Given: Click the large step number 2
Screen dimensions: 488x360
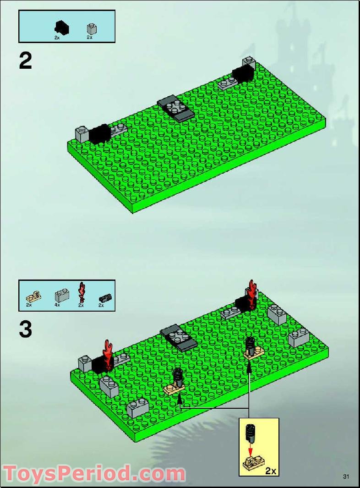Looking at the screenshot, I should point(26,61).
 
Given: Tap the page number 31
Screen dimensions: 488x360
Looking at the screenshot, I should point(346,477).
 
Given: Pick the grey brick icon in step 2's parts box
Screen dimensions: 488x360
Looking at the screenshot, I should point(91,28).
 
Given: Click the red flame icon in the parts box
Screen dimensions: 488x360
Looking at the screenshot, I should point(82,292).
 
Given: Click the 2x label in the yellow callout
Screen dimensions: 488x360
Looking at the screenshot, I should point(270,470).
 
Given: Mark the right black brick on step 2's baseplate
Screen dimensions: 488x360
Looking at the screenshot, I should point(243,73).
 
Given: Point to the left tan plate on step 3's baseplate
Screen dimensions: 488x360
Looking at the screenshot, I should point(175,389).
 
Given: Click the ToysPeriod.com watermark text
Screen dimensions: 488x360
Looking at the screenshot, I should point(94,473).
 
